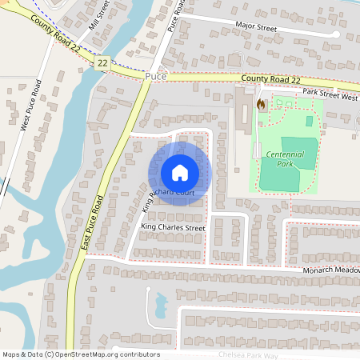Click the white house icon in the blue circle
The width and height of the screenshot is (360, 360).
179,173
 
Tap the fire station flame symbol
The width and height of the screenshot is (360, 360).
260,103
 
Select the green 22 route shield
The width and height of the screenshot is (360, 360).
102,62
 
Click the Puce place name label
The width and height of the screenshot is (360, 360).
156,76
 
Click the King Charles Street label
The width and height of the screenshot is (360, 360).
173,228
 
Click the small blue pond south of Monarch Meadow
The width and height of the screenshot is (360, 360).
159,302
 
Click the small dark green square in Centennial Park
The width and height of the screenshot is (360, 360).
310,121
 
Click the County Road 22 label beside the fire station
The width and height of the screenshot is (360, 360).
273,79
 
